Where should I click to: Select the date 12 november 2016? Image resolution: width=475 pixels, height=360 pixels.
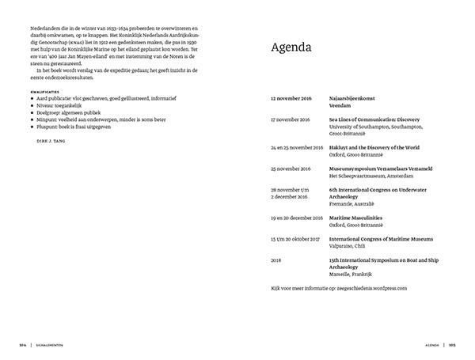pos(293,100)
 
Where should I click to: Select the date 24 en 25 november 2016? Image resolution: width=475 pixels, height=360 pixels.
pos(297,147)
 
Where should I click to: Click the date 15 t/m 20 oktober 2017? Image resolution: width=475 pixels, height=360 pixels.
pos(296,239)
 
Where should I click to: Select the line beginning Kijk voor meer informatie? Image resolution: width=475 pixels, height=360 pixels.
pos(339,288)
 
